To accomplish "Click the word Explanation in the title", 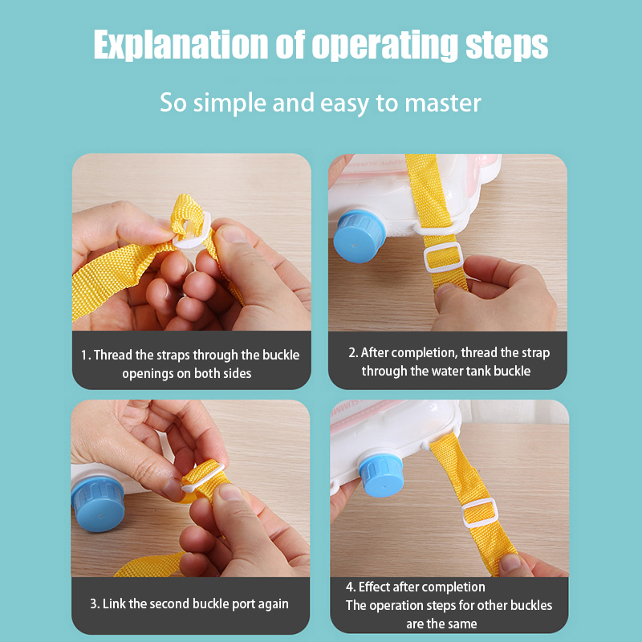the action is point(180,44).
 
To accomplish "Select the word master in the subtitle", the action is point(443,103).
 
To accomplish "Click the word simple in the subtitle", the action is point(230,104).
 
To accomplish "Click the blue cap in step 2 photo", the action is point(359,236).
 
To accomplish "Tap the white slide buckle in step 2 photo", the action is point(444,257).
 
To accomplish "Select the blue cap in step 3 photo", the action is point(98,504).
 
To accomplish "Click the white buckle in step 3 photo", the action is point(202,477).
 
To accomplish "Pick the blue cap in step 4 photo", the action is point(380,475).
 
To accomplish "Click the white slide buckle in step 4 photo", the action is point(480,514).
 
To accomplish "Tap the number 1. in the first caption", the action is point(86,355).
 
